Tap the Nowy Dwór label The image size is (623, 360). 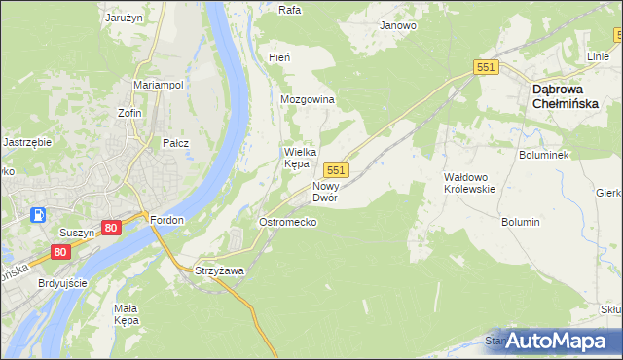[325, 191]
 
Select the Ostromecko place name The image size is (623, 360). [286, 222]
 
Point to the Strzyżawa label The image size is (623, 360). [219, 270]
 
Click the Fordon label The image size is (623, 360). [166, 220]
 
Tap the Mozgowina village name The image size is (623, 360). [308, 100]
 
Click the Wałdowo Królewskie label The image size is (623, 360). [470, 183]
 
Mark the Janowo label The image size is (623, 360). [398, 25]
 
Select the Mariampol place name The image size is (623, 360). [159, 85]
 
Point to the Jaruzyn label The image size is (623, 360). [124, 17]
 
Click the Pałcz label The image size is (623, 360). [175, 143]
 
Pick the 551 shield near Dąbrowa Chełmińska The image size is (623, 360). [487, 66]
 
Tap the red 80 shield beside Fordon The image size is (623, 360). [111, 228]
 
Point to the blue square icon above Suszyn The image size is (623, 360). [38, 215]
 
